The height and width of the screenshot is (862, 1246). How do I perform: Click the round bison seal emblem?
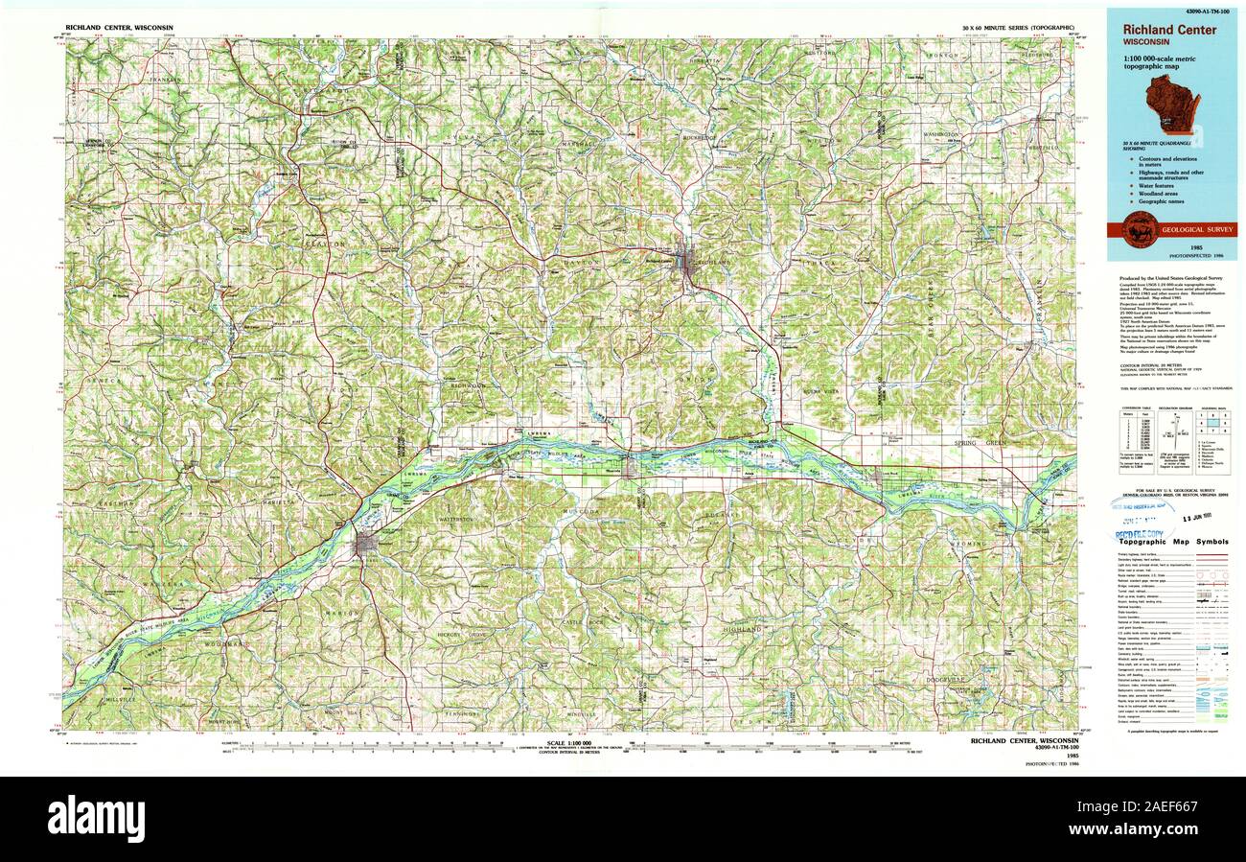coord(1140,229)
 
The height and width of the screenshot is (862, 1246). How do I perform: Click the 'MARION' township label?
coord(346,612)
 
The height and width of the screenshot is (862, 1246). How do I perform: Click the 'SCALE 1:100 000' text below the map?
coord(573,743)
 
